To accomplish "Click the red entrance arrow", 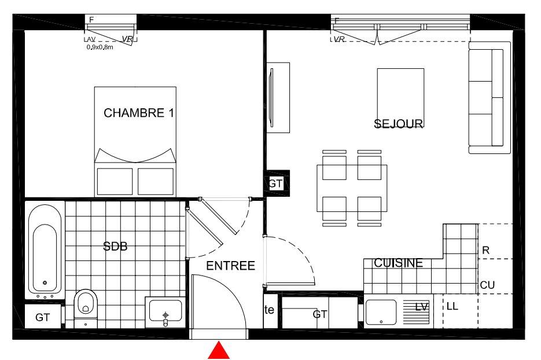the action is tap(219, 351).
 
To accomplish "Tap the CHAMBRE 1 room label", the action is tap(139, 113).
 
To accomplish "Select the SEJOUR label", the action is tap(399, 123).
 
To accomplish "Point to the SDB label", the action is tap(115, 246).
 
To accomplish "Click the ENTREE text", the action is tap(230, 266).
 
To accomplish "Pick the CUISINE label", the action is tap(399, 263).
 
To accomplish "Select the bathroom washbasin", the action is tap(165, 312).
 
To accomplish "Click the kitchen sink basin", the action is tap(381, 313).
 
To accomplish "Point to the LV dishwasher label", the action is tap(422, 307).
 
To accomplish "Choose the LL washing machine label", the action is tap(452, 306).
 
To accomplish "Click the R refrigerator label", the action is tap(486, 250).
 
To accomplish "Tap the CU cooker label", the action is tap(487, 285).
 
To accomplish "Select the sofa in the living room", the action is tap(490, 98).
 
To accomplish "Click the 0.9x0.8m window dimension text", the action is tap(100, 47).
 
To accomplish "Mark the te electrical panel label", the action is tap(269, 310).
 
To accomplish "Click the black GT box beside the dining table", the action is tap(276, 183).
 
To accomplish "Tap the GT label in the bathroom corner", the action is tap(42, 317).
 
